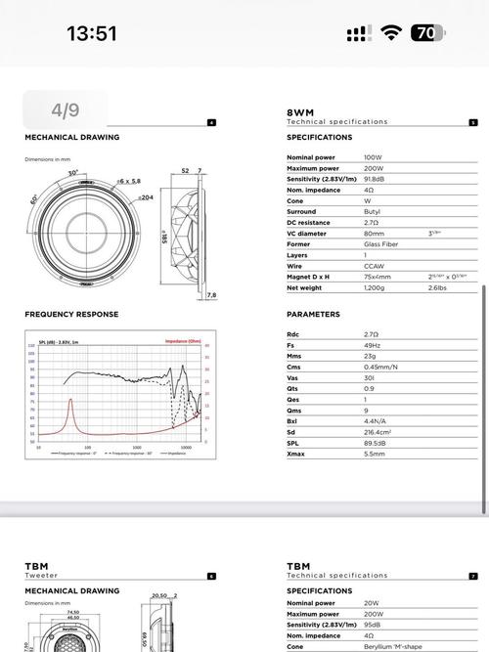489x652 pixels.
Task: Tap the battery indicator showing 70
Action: pyautogui.click(x=427, y=33)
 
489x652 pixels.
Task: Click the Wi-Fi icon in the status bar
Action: pyautogui.click(x=391, y=33)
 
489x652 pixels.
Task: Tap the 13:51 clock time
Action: pyautogui.click(x=92, y=33)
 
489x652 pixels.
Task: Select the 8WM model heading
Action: pyautogui.click(x=299, y=112)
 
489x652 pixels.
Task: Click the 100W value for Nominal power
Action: pyautogui.click(x=373, y=157)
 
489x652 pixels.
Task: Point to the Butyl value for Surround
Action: pyautogui.click(x=373, y=212)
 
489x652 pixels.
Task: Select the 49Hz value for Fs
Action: pyautogui.click(x=373, y=344)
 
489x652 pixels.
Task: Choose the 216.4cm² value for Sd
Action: pyautogui.click(x=378, y=432)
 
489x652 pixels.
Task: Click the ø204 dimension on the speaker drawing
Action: pyautogui.click(x=145, y=197)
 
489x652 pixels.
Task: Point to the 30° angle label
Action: pyautogui.click(x=72, y=173)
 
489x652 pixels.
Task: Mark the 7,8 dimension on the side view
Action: pyautogui.click(x=212, y=294)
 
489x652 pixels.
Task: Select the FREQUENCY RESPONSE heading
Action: pyautogui.click(x=71, y=315)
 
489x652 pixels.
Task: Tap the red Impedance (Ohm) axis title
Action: pyautogui.click(x=183, y=341)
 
